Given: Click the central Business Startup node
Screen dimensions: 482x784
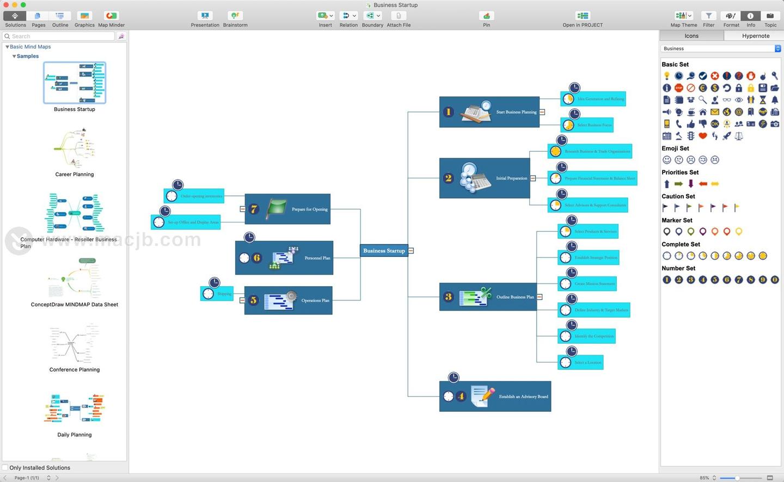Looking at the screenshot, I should pos(384,251).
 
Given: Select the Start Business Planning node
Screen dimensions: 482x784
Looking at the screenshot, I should pos(489,112).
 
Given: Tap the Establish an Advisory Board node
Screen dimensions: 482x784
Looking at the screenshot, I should pos(495,397).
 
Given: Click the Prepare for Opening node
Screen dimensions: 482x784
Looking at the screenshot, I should pos(287,209).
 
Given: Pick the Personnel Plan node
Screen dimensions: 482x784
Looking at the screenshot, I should pos(284,258).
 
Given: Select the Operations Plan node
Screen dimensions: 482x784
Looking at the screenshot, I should pos(288,300).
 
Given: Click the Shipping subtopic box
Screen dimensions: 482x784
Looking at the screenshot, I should pos(217,294).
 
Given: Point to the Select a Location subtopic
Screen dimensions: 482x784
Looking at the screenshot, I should pos(580,362).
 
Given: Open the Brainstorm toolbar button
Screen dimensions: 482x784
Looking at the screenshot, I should pos(235,18).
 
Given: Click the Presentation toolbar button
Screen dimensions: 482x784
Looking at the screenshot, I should pos(205,18).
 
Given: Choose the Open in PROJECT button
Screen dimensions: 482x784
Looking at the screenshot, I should pos(583,18).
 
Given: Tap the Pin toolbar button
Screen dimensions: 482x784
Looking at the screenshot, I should pos(486,18).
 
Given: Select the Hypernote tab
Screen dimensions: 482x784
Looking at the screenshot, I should pos(755,36).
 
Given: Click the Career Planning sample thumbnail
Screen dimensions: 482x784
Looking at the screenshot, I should pos(75,147).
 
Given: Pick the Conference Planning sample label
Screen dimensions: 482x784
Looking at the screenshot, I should pos(75,370).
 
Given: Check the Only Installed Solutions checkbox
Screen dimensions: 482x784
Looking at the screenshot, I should pos(5,468).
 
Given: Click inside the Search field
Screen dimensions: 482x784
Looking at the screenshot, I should pos(60,36).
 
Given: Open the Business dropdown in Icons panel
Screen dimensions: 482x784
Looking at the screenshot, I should pos(721,48).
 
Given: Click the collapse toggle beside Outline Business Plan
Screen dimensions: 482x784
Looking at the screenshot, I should pos(540,297).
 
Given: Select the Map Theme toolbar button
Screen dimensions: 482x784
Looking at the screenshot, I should pos(683,18).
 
